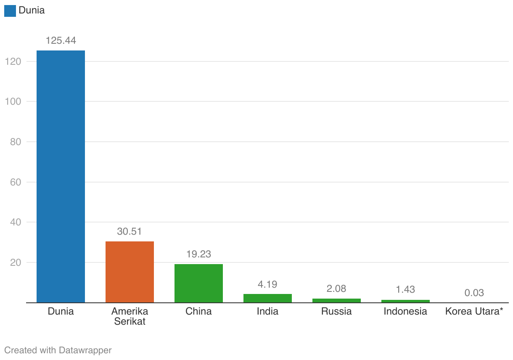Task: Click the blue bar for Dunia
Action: point(61,177)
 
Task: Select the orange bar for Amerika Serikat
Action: point(130,272)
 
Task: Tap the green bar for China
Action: point(198,283)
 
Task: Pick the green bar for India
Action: point(267,298)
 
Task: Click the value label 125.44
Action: point(61,41)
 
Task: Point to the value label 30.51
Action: point(130,232)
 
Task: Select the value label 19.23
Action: point(198,254)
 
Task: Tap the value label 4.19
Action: point(267,284)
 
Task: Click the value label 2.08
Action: point(336,289)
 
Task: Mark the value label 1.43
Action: point(405,290)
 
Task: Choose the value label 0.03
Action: point(474,293)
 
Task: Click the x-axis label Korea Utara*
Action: point(474,312)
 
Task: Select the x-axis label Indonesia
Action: point(405,312)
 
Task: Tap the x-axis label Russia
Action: point(336,312)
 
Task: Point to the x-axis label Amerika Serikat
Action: point(130,316)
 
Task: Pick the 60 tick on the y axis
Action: point(15,182)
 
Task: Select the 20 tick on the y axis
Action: point(15,262)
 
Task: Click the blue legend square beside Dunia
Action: point(10,11)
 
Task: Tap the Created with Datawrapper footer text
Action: point(58,350)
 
